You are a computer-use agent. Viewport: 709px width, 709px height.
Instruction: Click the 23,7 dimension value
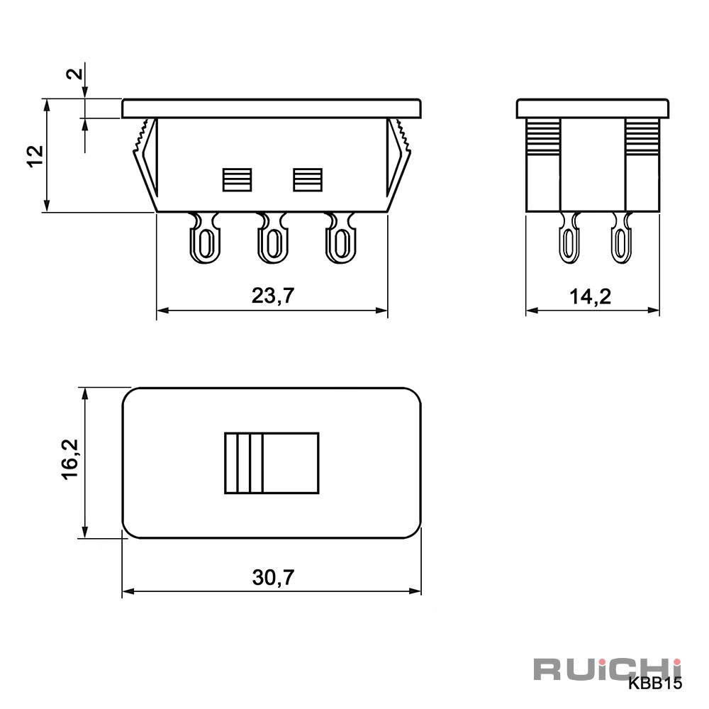(273, 296)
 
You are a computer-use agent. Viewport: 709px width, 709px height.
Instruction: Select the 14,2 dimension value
(590, 296)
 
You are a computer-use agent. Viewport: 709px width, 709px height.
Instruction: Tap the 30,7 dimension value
(273, 577)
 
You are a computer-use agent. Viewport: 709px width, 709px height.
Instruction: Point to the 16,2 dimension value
(70, 459)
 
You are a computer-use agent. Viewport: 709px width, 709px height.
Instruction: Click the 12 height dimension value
(35, 157)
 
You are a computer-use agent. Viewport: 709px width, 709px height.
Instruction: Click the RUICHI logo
(608, 670)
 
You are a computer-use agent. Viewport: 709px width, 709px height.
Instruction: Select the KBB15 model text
(654, 683)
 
